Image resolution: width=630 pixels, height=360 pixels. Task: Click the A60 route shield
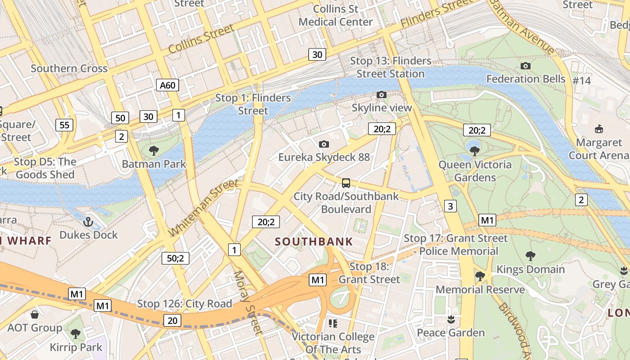[x=167, y=85]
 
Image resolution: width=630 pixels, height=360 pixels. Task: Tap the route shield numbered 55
[x=65, y=125]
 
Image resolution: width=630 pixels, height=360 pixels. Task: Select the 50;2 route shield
[x=175, y=258]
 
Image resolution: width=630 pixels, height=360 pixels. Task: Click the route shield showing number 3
[x=450, y=206]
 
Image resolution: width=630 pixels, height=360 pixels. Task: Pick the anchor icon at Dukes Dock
[x=89, y=221]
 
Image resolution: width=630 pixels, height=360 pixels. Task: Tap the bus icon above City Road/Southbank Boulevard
[x=346, y=183]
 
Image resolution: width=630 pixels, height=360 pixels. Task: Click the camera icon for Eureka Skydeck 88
[x=324, y=144]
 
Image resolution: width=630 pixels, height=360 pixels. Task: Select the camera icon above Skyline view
[x=382, y=94]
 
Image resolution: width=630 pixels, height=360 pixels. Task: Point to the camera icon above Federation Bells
[x=525, y=66]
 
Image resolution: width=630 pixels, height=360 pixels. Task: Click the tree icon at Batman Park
[x=154, y=150]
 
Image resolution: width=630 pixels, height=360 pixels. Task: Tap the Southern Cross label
[x=69, y=68]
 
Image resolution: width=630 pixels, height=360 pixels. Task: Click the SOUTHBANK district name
[x=314, y=242]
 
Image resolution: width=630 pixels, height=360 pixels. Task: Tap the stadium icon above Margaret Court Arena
[x=598, y=129]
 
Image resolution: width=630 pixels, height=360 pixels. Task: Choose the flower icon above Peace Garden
[x=450, y=319]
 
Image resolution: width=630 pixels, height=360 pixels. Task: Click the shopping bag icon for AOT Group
[x=35, y=314]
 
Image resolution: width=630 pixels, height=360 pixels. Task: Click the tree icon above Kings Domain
[x=530, y=256]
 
